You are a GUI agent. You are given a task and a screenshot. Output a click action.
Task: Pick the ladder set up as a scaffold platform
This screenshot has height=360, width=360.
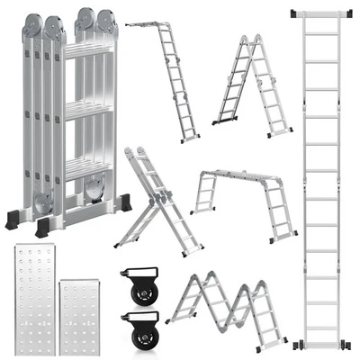[243, 202]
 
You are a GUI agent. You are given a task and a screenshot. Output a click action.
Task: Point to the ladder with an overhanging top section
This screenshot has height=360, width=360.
[166, 76]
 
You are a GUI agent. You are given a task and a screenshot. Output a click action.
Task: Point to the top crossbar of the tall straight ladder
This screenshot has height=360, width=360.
[322, 13]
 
